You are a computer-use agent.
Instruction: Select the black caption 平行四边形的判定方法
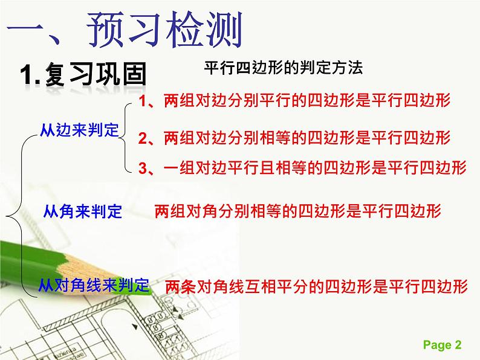(x=284, y=68)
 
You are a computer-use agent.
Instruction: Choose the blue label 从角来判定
(x=83, y=211)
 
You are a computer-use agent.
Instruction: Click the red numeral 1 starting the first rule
(x=143, y=101)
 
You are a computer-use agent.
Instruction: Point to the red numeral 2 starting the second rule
(x=143, y=138)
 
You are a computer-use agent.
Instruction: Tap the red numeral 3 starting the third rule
(x=143, y=168)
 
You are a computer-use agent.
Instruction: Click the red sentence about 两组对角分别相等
(x=298, y=211)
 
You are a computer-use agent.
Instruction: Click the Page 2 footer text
(x=442, y=345)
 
